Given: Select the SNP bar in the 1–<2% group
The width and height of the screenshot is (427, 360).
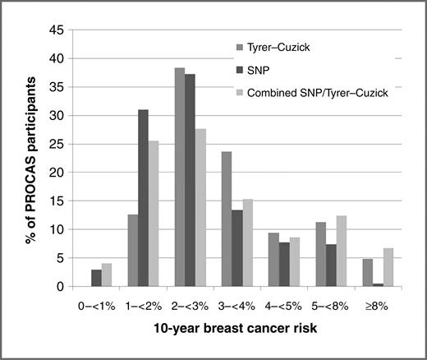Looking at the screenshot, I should point(144,198).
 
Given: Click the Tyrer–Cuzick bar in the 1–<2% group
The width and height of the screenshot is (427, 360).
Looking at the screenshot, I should point(133,250).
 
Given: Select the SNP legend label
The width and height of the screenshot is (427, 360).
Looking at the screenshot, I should point(270,70).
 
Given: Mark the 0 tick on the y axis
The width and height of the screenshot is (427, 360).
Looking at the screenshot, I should point(61,286).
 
